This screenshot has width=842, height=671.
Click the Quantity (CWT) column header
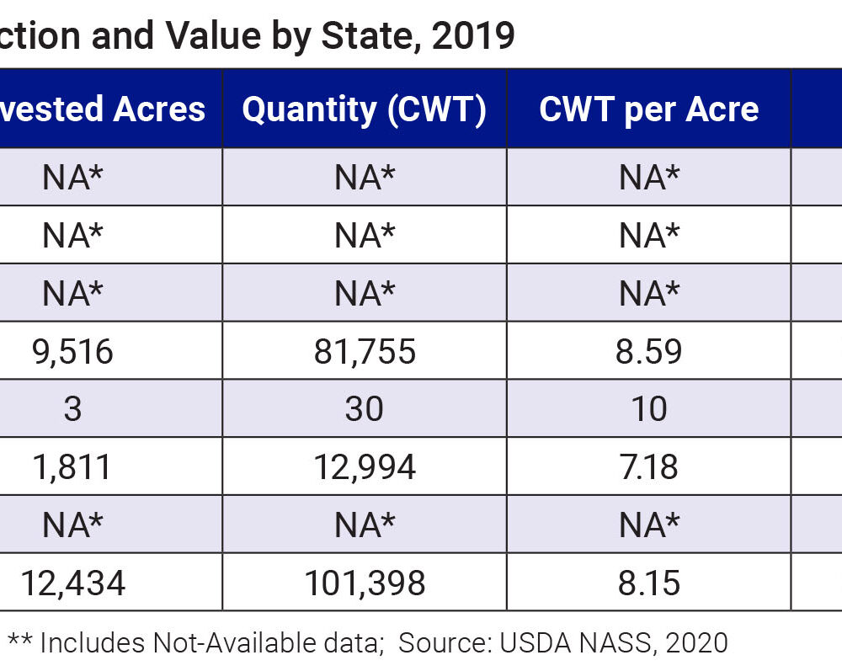364,110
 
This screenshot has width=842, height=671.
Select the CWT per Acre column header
648,110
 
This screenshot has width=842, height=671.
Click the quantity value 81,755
364,351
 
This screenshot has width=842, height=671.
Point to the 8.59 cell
648,351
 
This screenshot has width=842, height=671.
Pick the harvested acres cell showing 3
72,409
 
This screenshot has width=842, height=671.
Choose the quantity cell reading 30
364,409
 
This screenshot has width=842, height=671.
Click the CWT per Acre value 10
648,409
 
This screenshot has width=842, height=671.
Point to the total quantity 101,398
364,583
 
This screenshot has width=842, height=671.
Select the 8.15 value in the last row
648,583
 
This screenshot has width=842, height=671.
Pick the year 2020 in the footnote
696,643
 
